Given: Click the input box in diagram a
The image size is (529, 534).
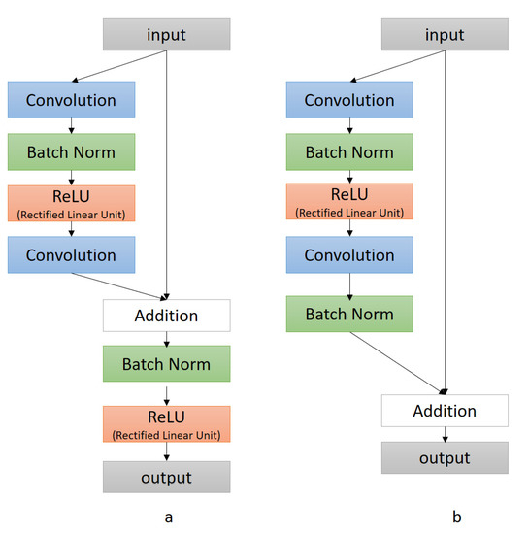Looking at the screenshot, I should pos(167,35).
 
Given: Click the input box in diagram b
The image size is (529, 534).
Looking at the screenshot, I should pos(445,35).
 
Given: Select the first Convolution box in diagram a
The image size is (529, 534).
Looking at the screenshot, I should pos(71,100).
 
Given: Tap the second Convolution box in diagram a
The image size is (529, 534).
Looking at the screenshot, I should pos(71,255).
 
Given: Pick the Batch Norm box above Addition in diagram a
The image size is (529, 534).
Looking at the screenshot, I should pos(71,151).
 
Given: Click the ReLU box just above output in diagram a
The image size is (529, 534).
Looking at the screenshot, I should pos(167,422).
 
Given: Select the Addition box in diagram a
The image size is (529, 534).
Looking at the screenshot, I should pos(167,316).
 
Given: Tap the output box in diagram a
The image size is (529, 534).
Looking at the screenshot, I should pos(167,477).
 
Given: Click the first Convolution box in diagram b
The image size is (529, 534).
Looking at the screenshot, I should pos(349,100).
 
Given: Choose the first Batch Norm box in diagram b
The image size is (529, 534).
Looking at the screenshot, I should pos(349,152).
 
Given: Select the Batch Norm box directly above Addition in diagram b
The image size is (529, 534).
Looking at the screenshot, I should pos(349,315).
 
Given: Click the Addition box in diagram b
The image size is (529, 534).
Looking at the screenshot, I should pos(445,410).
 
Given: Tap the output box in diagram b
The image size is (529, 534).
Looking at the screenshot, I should pos(445,457).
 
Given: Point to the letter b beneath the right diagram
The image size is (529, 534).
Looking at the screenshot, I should pos(446,517).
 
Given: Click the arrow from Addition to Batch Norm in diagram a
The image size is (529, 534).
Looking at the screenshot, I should pos(167,339).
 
